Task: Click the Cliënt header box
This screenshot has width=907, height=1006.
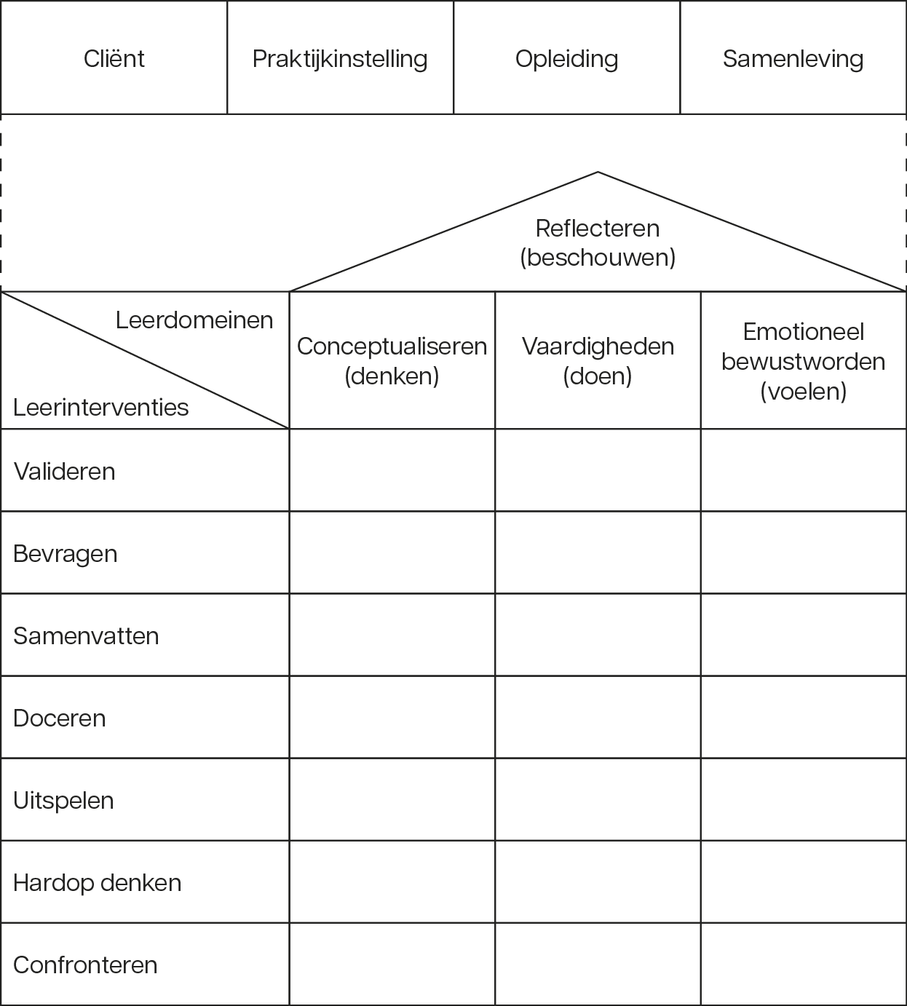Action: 114,58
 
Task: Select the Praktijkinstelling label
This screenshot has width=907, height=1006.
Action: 340,60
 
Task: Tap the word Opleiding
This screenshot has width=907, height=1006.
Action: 566,60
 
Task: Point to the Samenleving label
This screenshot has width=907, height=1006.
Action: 793,59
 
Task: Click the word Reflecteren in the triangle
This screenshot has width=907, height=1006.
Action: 598,228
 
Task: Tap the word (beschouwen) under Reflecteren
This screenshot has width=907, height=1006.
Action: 598,258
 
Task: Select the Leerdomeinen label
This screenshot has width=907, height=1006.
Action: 194,320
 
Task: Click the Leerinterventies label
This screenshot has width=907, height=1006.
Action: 101,407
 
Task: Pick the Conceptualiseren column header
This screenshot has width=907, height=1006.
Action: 392,360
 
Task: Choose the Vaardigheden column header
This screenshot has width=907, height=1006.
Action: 598,360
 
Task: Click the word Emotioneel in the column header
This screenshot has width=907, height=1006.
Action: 803,331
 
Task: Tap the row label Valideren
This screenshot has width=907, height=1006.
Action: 64,472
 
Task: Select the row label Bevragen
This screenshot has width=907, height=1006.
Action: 66,554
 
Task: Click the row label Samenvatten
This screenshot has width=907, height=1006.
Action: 86,636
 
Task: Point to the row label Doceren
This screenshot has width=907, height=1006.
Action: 59,718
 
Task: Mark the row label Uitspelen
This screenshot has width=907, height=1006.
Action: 63,801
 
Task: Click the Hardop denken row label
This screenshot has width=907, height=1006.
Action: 97,883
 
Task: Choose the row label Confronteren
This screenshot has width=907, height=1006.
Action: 85,965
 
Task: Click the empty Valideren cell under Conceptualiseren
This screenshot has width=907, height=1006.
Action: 392,470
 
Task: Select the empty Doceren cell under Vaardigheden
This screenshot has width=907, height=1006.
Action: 598,717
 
